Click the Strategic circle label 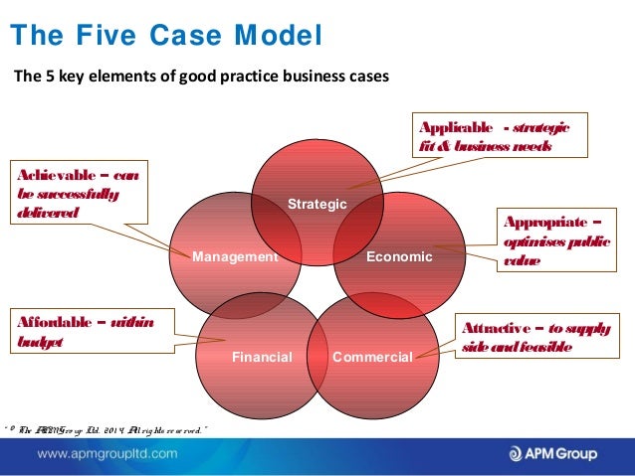click(317, 204)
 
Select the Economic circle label click(399, 256)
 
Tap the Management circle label click(235, 256)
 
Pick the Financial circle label click(262, 356)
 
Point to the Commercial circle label click(372, 356)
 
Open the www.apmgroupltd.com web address click(108, 454)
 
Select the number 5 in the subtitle click(48, 77)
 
